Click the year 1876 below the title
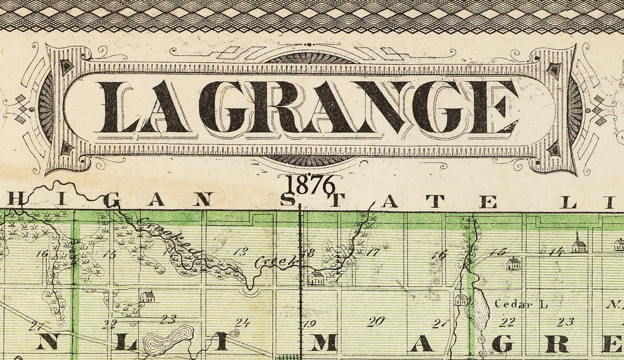click(x=310, y=184)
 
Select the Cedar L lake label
click(x=520, y=304)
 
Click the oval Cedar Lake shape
click(x=480, y=309)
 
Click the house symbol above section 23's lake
click(x=146, y=297)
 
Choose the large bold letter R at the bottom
click(x=557, y=343)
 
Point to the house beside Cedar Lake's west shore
click(x=461, y=299)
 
